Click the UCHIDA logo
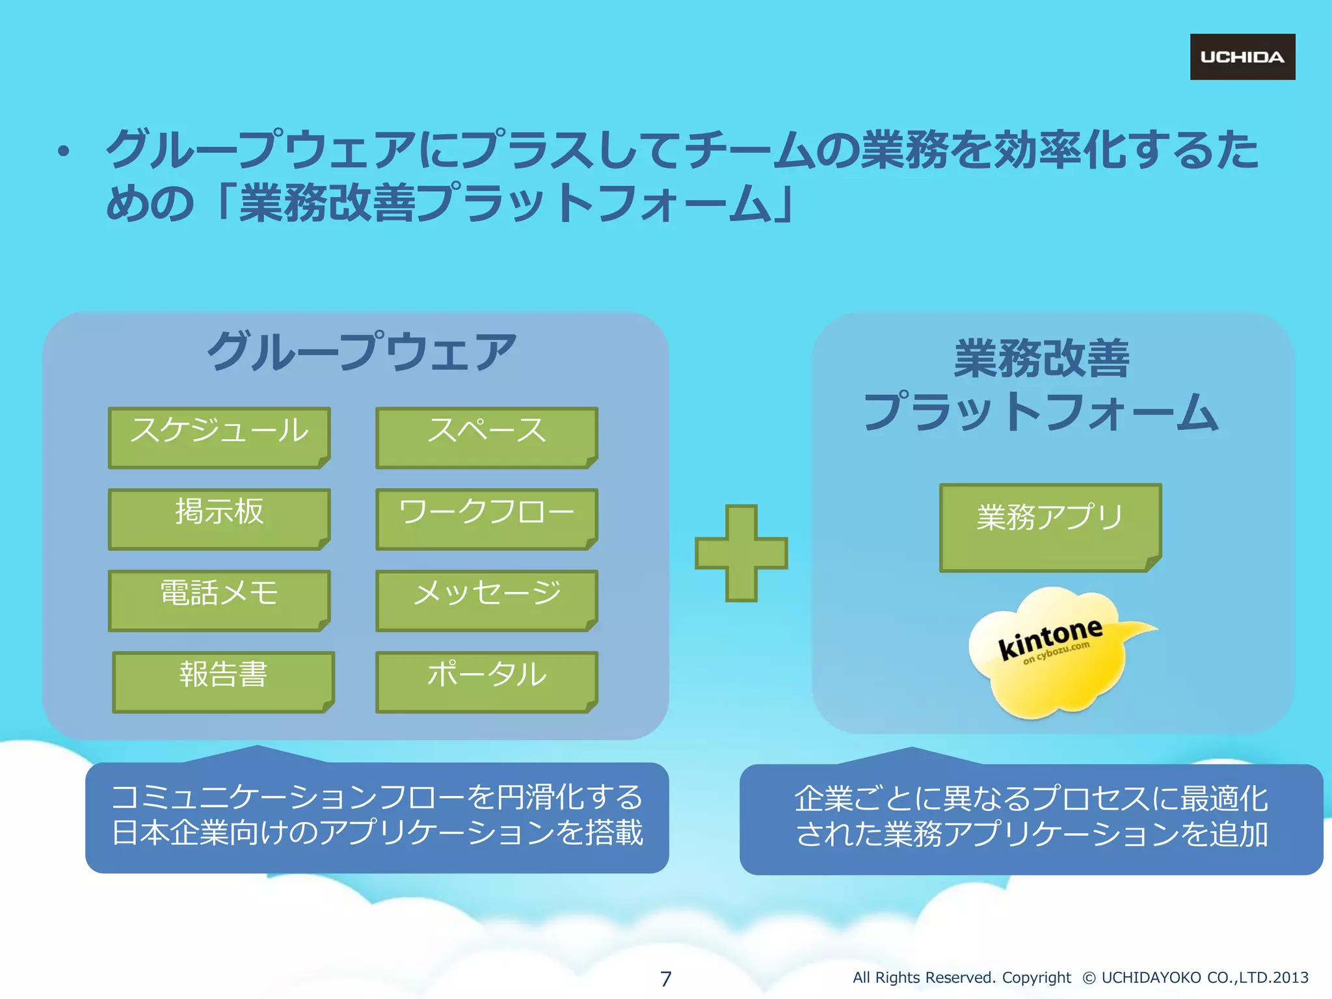coord(1242,57)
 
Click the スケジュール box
coord(219,437)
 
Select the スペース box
coord(486,437)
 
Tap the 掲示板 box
coord(219,518)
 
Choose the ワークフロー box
coord(486,518)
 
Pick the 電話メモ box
coord(219,600)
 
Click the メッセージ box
coord(486,600)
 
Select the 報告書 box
coord(223,681)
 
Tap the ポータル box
coord(486,681)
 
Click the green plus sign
coord(741,553)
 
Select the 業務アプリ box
coord(1050,527)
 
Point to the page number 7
coord(665,978)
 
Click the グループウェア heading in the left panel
coord(362,352)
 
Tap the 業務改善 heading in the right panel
coord(1041,358)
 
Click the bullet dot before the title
coord(63,152)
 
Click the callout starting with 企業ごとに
coord(1031,818)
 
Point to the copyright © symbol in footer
coord(1089,978)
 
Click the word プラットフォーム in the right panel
coord(1041,412)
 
